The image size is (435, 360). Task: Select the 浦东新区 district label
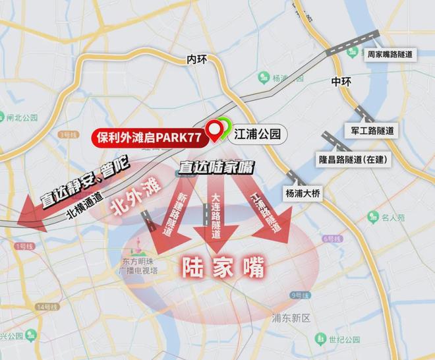[x=291, y=317]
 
